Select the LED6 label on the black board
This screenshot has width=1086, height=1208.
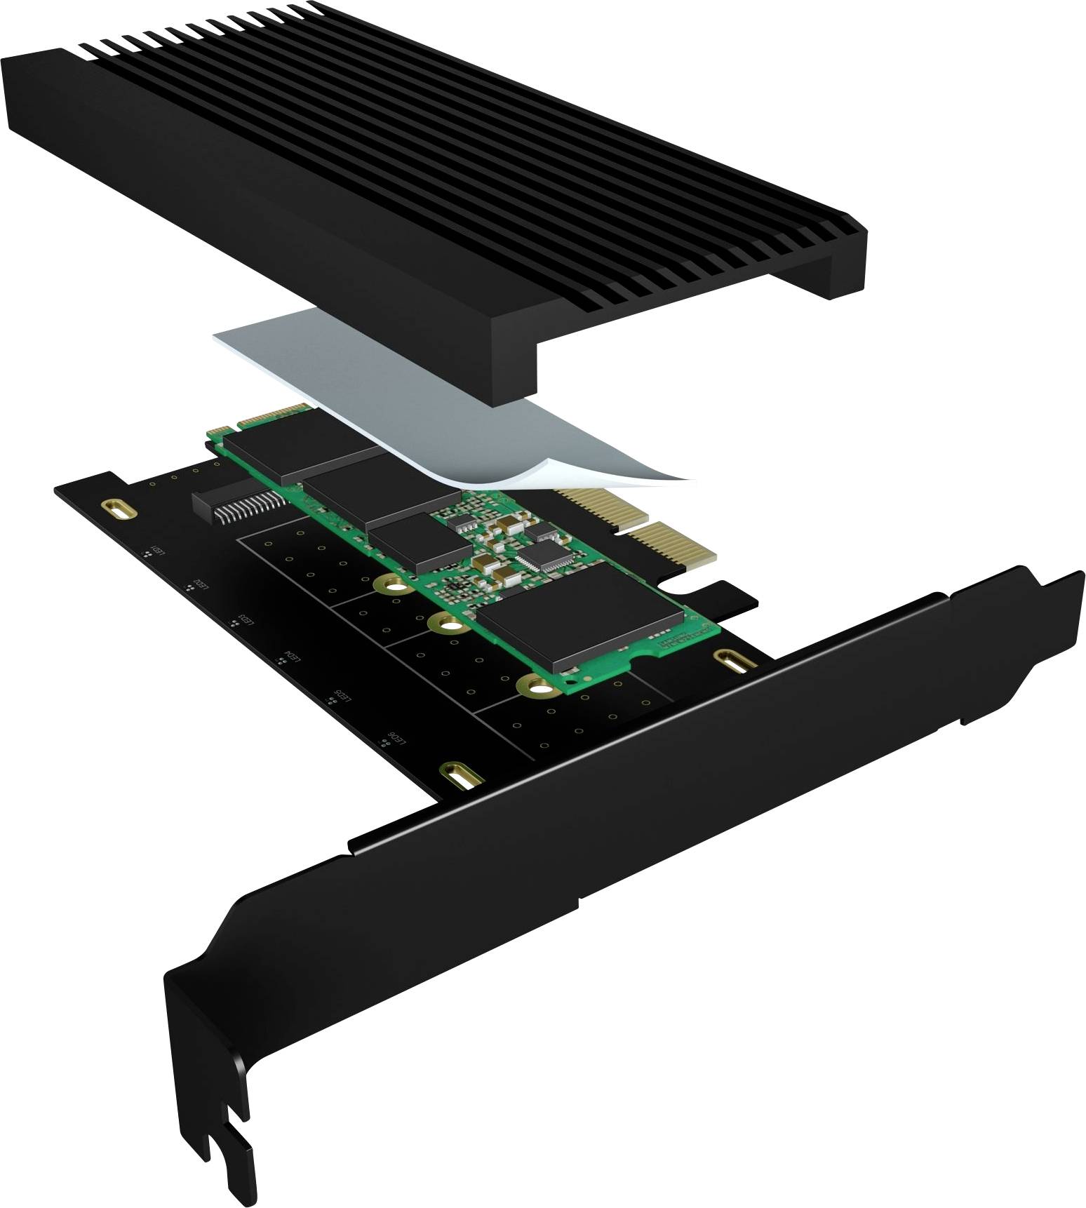[396, 739]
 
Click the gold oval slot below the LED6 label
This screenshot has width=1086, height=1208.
[460, 777]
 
